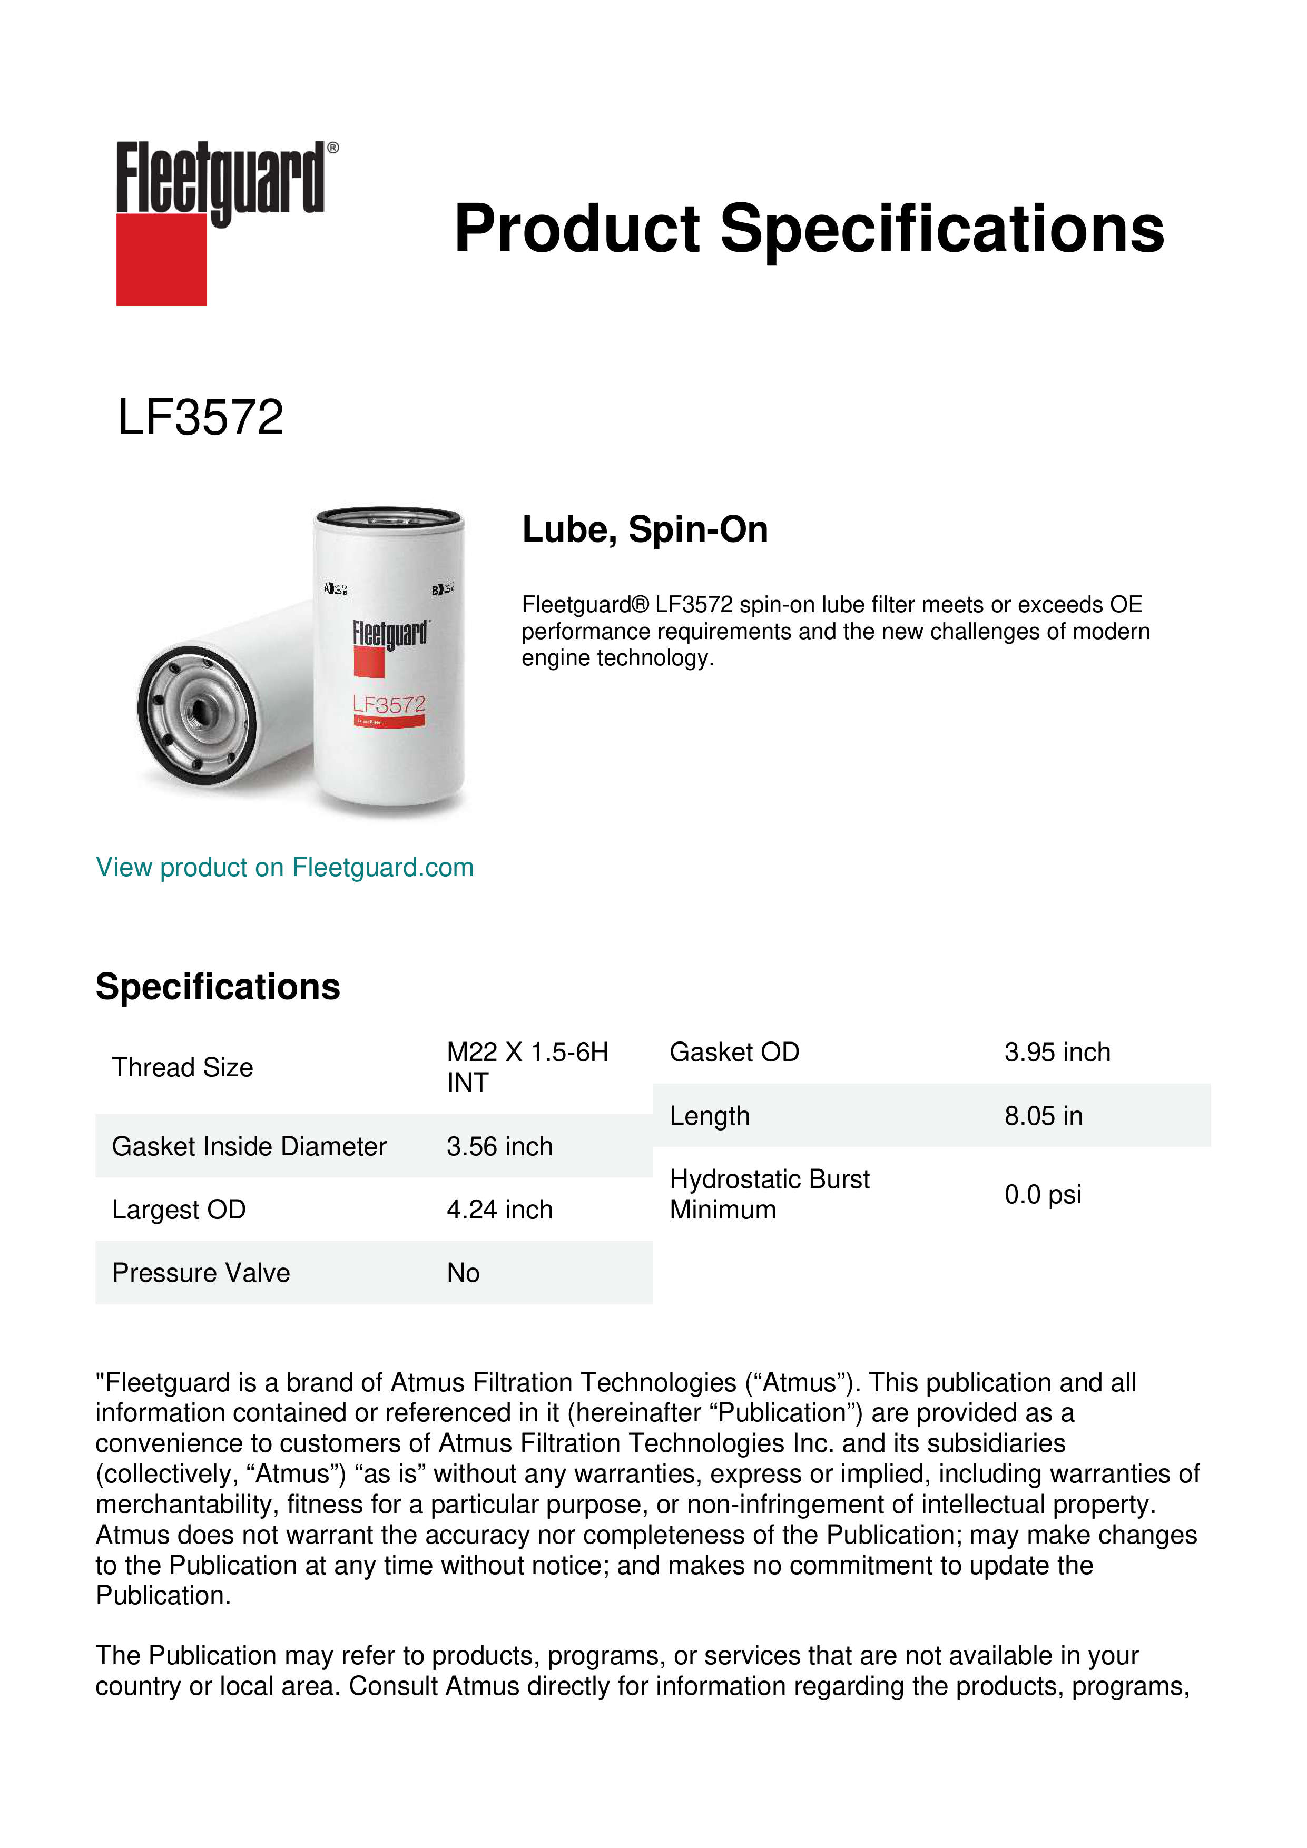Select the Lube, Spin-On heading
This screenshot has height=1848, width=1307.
pos(645,529)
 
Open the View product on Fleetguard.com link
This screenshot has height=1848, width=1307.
pos(284,867)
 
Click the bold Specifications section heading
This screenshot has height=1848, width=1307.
pos(217,986)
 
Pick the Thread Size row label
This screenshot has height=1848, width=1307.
pos(183,1067)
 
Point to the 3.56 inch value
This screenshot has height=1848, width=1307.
pos(500,1146)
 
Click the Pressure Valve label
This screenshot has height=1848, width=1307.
pos(201,1273)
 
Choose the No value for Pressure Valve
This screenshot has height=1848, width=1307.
pos(464,1273)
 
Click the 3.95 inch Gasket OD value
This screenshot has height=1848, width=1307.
pos(1057,1052)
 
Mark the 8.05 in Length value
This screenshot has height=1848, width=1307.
pos(1043,1116)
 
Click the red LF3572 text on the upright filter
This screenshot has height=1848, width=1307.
pos(389,705)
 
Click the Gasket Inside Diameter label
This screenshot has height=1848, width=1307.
pos(250,1146)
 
